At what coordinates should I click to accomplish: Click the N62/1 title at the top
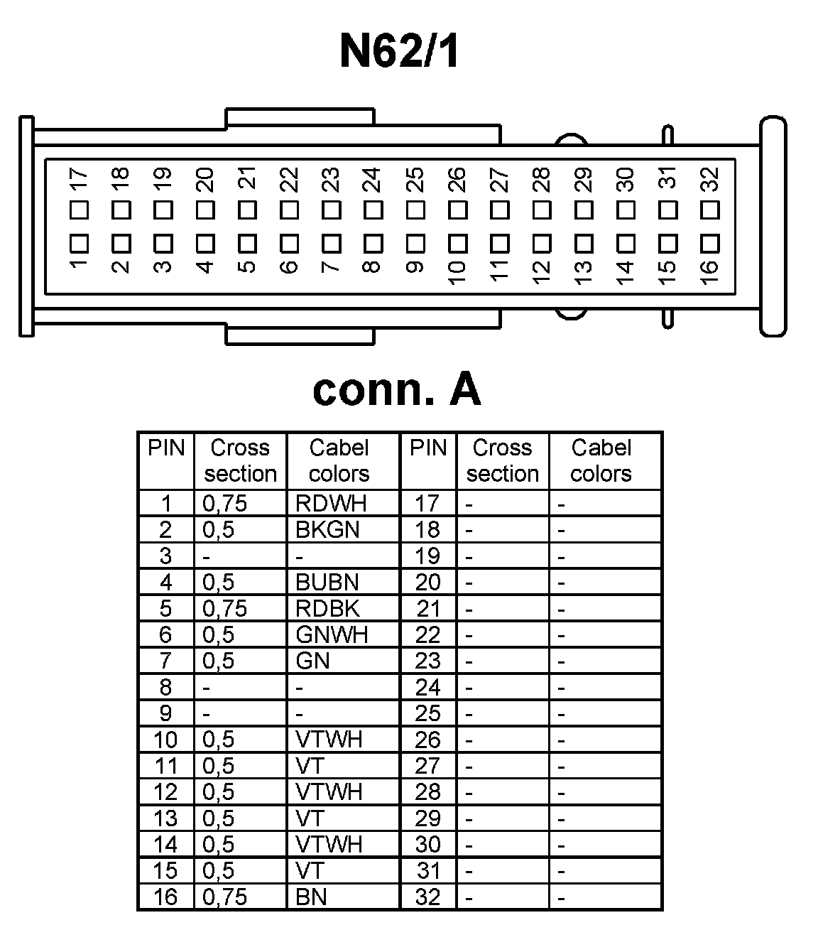coord(399,52)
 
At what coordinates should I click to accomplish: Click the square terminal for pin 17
coord(79,210)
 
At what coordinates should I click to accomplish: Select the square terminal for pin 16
coord(709,243)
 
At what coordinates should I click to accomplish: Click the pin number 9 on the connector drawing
coord(415,267)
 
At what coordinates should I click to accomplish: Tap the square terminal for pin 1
coord(79,243)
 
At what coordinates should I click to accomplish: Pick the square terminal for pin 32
coord(709,210)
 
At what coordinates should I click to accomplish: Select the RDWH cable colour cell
coord(331,503)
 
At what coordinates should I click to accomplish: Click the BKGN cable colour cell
coord(327,529)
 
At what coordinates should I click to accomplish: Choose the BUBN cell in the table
coord(327,582)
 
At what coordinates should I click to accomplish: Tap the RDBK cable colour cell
coord(327,608)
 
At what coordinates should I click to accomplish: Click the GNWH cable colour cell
coord(332,634)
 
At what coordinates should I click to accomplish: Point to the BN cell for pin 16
coord(311,897)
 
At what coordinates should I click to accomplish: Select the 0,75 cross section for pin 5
coord(225,608)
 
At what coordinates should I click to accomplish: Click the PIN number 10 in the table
coord(165,740)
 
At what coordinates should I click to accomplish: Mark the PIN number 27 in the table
coord(427,766)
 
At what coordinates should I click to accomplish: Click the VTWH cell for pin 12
coord(329,791)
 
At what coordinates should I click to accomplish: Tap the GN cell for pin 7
coord(313,661)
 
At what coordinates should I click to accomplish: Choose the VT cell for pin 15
coord(310,870)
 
